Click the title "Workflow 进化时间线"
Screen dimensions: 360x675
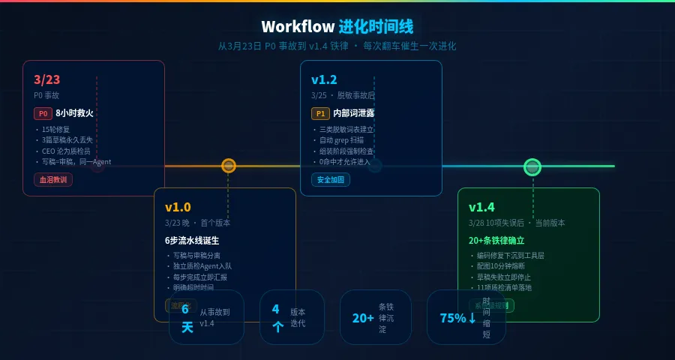337,27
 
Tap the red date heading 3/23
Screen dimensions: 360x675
46,79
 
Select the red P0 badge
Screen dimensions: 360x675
43,114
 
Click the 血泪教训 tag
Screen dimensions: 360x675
52,180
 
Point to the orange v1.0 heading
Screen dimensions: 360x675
178,207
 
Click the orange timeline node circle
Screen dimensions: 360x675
229,166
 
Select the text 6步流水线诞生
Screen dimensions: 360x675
191,241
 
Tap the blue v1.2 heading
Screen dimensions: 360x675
324,79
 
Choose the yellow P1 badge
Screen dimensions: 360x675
320,114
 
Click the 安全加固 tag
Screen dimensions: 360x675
330,180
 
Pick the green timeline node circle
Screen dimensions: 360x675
532,166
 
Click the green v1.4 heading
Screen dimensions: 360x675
481,207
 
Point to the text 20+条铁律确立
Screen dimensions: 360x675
496,241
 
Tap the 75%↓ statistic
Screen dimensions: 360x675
457,318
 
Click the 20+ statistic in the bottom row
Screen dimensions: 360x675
363,318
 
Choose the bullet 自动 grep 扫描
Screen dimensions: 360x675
342,140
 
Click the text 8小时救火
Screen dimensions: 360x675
74,114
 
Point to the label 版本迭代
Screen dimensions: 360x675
298,317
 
